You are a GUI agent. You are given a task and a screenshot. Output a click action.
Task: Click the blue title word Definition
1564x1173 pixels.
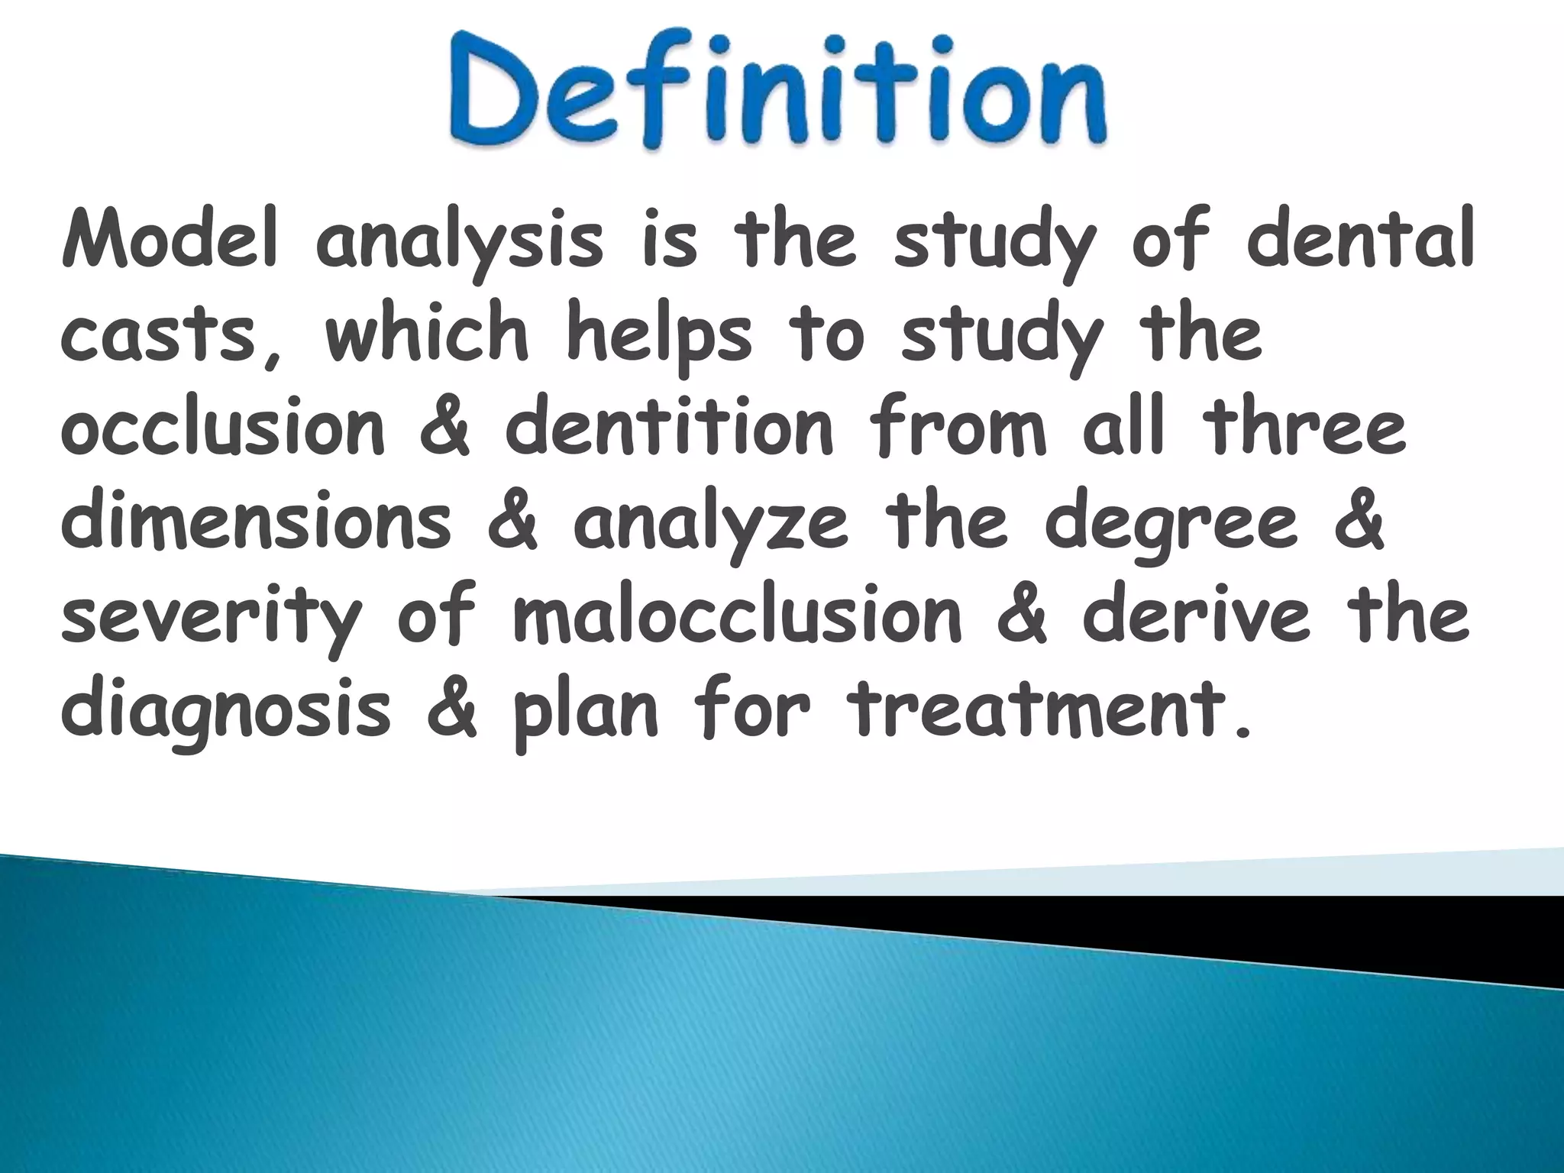(x=775, y=91)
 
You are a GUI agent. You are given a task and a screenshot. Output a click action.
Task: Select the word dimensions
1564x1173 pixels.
(x=257, y=522)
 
